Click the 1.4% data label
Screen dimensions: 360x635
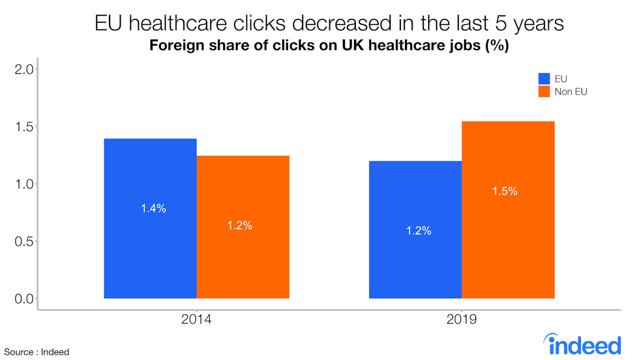153,209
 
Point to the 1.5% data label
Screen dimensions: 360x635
505,191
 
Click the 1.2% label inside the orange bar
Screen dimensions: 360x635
239,226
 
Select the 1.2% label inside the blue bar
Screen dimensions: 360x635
418,231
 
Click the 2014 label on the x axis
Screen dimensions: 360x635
196,320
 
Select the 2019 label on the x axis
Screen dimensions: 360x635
462,320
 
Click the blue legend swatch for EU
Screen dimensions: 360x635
544,79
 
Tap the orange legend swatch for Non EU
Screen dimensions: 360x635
544,92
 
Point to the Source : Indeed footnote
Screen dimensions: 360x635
37,352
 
